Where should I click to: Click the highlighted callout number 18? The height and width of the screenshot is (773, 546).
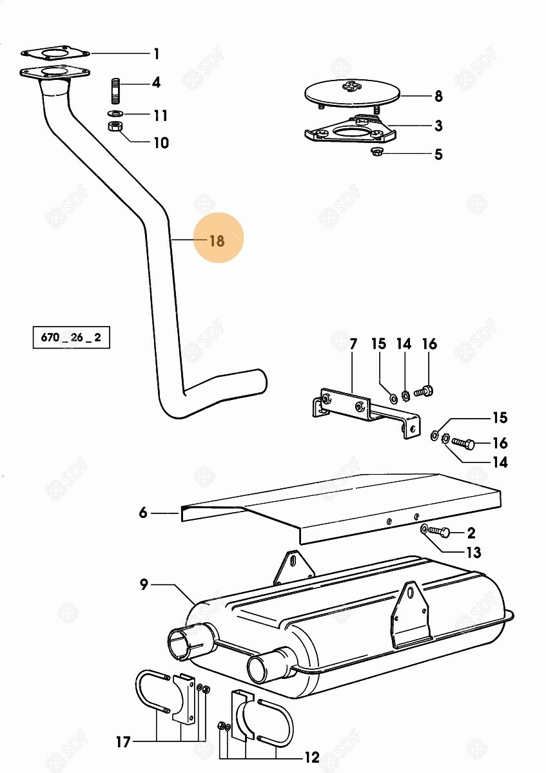[x=217, y=240]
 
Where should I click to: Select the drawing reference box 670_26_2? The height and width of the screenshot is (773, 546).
[x=71, y=337]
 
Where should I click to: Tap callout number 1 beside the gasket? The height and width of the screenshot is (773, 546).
[x=157, y=54]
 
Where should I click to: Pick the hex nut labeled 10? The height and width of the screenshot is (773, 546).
[x=114, y=126]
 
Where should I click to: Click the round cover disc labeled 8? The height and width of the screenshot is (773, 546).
[x=352, y=93]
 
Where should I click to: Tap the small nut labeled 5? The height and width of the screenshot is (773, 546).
[x=375, y=151]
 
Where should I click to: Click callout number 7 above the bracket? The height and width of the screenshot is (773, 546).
[x=353, y=345]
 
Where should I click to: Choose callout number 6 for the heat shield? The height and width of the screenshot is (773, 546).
[x=143, y=513]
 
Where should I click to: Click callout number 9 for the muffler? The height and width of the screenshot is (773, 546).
[x=144, y=585]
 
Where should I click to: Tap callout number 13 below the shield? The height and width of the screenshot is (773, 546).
[x=473, y=553]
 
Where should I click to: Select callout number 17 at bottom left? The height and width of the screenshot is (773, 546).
[x=122, y=741]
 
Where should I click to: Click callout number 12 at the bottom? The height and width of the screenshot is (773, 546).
[x=312, y=758]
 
